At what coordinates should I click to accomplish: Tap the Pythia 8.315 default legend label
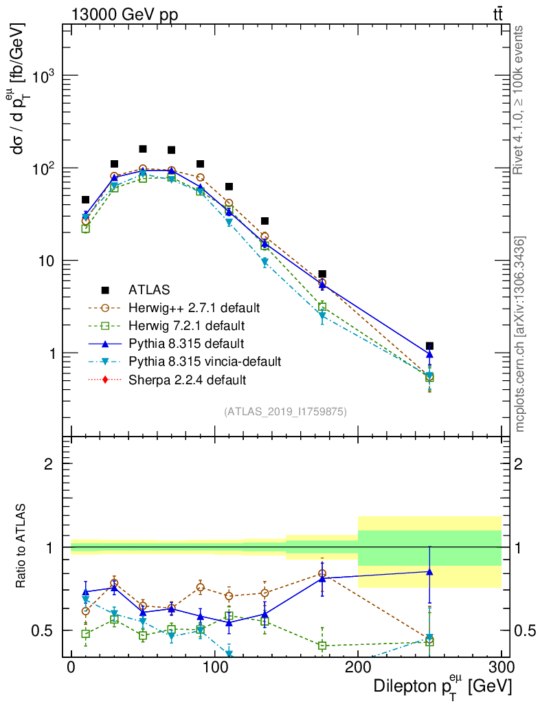pyautogui.click(x=186, y=343)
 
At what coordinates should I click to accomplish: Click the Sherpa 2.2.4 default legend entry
pyautogui.click(x=188, y=379)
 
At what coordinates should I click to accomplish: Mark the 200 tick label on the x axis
pyautogui.click(x=357, y=667)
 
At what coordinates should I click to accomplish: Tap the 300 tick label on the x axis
pyautogui.click(x=501, y=667)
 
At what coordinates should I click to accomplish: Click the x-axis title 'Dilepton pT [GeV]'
pyautogui.click(x=442, y=686)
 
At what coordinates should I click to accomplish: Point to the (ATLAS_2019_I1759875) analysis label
pyautogui.click(x=285, y=412)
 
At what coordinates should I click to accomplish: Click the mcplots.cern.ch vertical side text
pyautogui.click(x=520, y=334)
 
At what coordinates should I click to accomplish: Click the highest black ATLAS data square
pyautogui.click(x=143, y=148)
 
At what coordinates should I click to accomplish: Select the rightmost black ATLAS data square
pyautogui.click(x=429, y=346)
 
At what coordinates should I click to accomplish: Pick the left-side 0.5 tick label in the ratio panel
pyautogui.click(x=45, y=630)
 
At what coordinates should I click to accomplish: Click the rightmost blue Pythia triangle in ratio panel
pyautogui.click(x=429, y=571)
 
